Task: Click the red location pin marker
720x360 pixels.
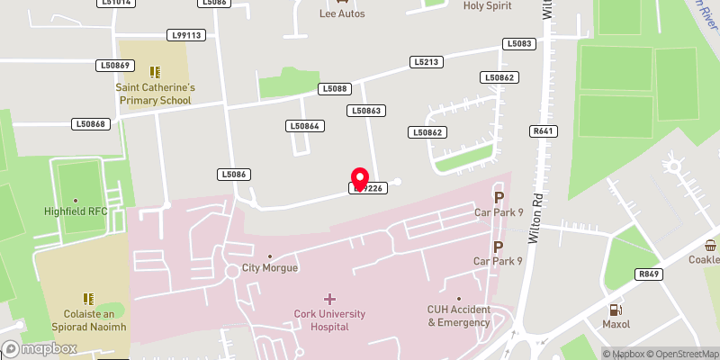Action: click(x=360, y=178)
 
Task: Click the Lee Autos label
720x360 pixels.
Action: click(x=328, y=13)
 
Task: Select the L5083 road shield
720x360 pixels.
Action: click(x=520, y=43)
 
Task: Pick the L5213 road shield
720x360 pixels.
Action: click(x=427, y=62)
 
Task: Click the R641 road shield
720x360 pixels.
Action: click(x=542, y=131)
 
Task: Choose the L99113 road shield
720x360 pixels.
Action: click(x=186, y=35)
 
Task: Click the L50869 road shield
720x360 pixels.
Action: click(x=115, y=66)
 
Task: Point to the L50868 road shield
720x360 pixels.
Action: click(x=91, y=124)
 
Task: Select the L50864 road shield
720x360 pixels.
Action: click(x=304, y=126)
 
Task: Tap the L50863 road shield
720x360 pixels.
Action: click(x=366, y=110)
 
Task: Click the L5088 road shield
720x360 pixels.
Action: click(x=333, y=88)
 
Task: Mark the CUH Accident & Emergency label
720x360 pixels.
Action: click(x=458, y=316)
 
